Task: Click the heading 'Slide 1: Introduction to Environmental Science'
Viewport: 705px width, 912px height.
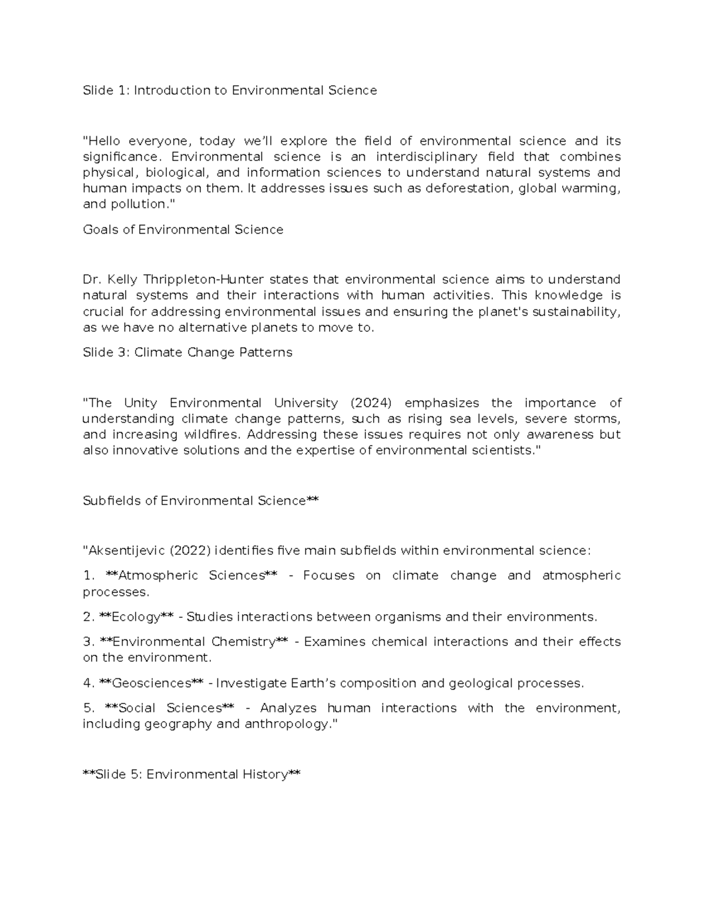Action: (x=230, y=90)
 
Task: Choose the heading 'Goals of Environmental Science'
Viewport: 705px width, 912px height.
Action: (x=183, y=230)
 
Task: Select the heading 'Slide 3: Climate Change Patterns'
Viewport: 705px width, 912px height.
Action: (x=187, y=352)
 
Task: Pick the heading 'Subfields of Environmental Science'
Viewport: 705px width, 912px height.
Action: (x=194, y=501)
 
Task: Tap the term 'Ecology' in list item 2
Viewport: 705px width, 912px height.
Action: (x=136, y=617)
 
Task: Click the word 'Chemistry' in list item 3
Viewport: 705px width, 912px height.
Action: (x=243, y=642)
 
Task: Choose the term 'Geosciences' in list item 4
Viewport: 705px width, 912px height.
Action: (x=151, y=684)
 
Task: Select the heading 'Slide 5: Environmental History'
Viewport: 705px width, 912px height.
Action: (x=192, y=775)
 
